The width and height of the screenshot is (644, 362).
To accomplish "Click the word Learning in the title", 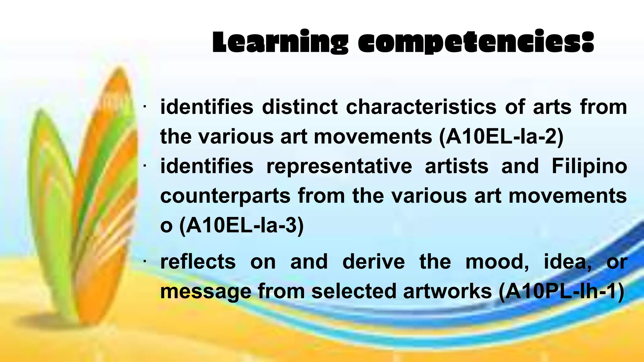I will tap(280, 42).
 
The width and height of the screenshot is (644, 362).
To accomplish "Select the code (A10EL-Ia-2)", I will tap(501, 137).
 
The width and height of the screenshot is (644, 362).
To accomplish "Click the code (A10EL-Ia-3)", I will tap(241, 225).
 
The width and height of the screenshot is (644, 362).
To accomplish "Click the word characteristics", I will tap(421, 107).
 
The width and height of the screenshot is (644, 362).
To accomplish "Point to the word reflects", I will tap(198, 261).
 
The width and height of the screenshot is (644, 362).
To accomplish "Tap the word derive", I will tap(373, 261).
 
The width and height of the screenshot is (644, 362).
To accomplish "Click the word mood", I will tap(497, 261).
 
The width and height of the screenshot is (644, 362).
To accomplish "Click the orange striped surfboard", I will tap(110, 189).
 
